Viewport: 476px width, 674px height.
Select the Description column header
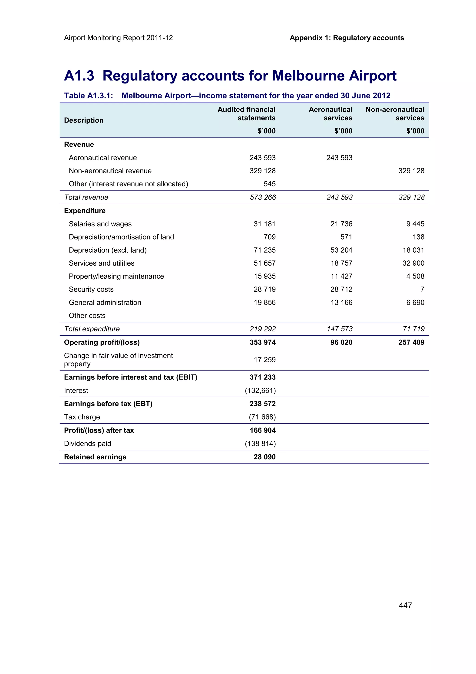tap(84, 120)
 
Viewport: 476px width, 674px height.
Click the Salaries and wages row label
tap(100, 224)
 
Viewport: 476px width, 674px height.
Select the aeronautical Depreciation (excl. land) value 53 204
tap(341, 250)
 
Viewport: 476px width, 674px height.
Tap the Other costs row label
tap(87, 316)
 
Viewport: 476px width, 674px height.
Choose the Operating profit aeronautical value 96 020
tap(341, 342)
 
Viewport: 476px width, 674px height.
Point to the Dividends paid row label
tap(87, 444)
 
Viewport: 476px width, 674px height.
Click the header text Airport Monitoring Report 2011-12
tap(118, 38)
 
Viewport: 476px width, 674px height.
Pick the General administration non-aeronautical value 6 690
tap(415, 302)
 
